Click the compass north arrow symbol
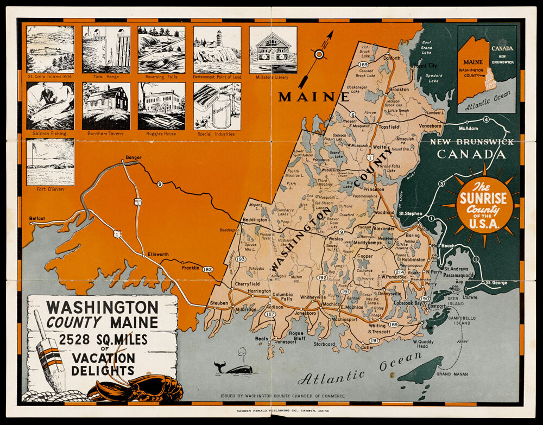(319, 54)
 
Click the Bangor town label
(133, 158)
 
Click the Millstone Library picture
(273, 49)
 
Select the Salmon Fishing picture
(50, 106)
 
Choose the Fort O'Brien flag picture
(50, 162)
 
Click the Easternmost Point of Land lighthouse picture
(217, 49)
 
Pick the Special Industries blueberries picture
(217, 106)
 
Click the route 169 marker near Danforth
(363, 65)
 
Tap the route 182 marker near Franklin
(207, 269)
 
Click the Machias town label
(331, 305)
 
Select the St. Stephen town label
(411, 214)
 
